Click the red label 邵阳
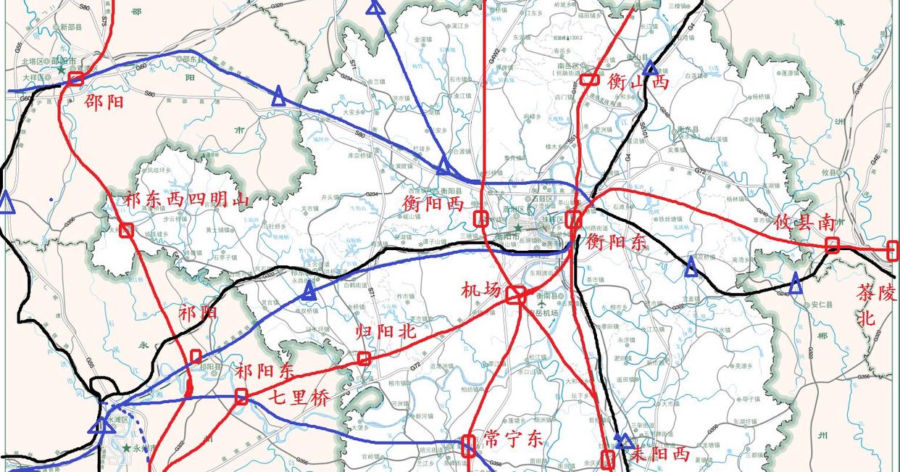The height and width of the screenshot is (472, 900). (104, 101)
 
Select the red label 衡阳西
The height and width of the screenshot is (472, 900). (433, 204)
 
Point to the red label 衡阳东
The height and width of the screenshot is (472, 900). (616, 242)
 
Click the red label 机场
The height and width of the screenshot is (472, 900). (481, 290)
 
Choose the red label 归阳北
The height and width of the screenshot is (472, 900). (386, 332)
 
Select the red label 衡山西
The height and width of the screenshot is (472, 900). (638, 81)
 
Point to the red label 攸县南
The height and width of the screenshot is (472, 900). (804, 223)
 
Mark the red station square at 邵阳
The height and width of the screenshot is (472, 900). (76, 78)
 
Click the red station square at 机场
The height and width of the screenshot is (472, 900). (515, 294)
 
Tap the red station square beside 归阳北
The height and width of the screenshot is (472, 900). (364, 358)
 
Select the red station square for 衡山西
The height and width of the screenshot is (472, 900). (588, 79)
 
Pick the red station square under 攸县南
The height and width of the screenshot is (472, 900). (832, 246)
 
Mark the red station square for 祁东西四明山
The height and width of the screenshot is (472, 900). (126, 231)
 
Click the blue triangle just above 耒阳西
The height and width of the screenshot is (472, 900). (623, 440)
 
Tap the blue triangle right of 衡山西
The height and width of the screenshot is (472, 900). (650, 67)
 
